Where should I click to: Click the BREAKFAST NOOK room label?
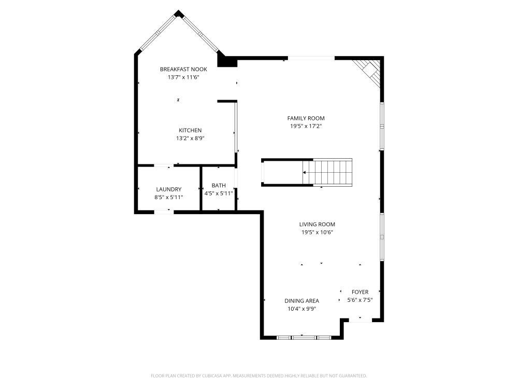coord(183,69)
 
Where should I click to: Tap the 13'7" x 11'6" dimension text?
coord(183,77)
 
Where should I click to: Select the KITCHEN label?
coord(190,130)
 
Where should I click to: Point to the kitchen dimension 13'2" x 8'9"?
coord(190,138)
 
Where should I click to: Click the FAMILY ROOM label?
coord(306,118)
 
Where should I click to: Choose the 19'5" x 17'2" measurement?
coord(306,126)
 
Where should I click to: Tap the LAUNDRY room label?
coord(168,189)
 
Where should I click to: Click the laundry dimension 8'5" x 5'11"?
coord(168,198)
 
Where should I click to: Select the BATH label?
coord(219,185)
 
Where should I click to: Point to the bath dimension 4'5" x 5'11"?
coord(219,193)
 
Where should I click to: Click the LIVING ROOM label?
coord(317,225)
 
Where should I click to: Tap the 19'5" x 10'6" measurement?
coord(317,232)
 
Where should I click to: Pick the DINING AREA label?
coord(301,301)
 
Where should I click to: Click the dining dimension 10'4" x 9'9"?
coord(301,309)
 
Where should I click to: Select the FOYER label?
coord(360,292)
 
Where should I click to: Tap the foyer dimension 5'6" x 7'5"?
coord(360,300)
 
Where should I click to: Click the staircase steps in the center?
coord(332,172)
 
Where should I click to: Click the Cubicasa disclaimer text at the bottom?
coord(258,376)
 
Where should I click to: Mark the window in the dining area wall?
coord(304,338)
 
